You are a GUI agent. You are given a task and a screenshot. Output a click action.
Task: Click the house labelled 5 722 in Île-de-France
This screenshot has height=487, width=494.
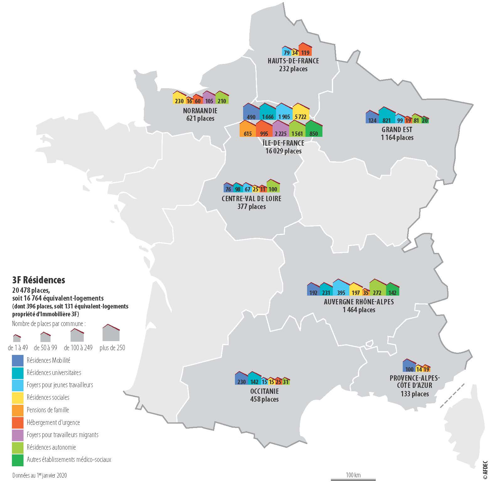pos(300,112)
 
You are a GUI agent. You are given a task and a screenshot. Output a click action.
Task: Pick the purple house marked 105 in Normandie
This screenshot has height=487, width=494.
pos(209,98)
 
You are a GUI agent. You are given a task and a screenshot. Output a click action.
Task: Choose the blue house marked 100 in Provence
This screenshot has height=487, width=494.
pos(409,366)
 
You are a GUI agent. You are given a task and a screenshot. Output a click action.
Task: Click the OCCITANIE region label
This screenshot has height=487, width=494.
pos(264,391)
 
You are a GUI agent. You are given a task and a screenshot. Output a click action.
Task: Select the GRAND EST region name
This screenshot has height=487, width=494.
pos(397,130)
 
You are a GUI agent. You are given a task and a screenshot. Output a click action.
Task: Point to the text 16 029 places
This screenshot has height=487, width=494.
pos(283,151)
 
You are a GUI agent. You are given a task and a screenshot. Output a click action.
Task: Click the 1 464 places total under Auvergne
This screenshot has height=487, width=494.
pos(359,310)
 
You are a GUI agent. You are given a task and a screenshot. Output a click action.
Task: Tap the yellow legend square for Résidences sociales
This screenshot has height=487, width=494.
pos(18,398)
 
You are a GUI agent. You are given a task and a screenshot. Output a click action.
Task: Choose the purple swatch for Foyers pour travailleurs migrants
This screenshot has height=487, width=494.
pos(18,435)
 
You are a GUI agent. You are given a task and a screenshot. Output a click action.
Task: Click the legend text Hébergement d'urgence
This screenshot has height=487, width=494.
pos(53,423)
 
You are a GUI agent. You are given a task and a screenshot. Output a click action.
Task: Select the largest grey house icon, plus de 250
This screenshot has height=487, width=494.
pos(111,333)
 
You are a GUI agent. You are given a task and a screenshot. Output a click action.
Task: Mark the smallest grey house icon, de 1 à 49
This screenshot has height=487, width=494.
pos(17,338)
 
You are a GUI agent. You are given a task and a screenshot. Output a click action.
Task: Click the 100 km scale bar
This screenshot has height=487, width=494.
pos(353,479)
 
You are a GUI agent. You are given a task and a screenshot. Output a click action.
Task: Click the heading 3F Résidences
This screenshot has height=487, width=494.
pos(39,280)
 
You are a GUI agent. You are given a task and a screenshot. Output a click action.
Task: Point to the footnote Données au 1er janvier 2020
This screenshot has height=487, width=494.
pos(40,475)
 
